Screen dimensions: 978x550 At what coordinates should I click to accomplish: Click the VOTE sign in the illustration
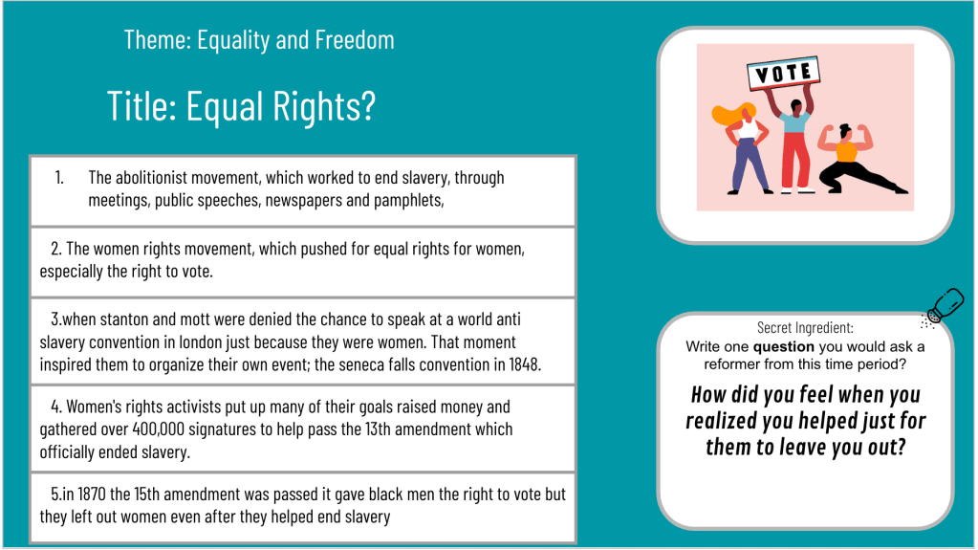point(784,73)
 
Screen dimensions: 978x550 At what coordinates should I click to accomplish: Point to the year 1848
point(525,364)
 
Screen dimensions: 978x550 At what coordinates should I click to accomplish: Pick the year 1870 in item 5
point(92,495)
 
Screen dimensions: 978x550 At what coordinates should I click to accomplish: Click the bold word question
point(783,347)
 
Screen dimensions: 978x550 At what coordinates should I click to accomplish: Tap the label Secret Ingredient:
point(805,328)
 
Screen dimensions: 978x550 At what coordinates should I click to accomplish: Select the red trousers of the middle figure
point(795,159)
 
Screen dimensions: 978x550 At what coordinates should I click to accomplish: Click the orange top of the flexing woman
point(846,152)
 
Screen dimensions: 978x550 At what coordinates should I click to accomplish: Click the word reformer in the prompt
point(729,364)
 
